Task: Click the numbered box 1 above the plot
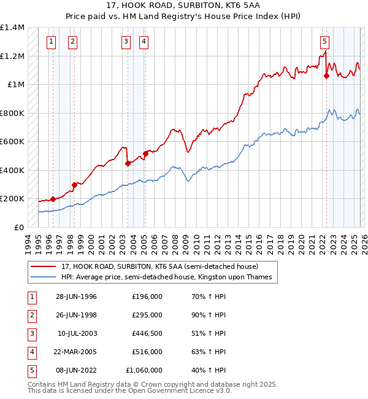click(50, 42)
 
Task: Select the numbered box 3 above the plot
click(126, 42)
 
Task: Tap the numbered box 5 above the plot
click(324, 42)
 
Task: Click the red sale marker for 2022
click(326, 76)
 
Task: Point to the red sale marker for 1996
click(53, 199)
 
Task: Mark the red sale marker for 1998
click(74, 185)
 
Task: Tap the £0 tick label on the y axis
click(18, 227)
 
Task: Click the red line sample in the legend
click(43, 266)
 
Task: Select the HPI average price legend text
click(169, 277)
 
